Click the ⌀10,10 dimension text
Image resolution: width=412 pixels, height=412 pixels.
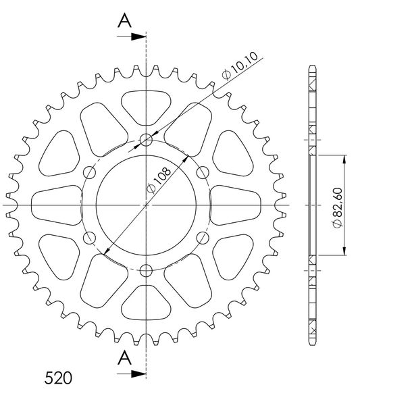[x=240, y=65]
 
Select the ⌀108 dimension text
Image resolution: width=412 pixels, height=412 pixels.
[x=159, y=180]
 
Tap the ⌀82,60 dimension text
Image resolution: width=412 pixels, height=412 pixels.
[x=338, y=207]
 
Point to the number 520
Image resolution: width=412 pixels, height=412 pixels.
[x=58, y=378]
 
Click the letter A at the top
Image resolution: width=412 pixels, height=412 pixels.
[x=124, y=21]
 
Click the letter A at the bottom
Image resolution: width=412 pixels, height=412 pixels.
[x=124, y=358]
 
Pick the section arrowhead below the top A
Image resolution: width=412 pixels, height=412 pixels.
[x=138, y=36]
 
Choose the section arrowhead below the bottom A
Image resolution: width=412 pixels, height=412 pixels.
[x=138, y=374]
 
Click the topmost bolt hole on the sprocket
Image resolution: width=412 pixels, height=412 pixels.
[x=146, y=140]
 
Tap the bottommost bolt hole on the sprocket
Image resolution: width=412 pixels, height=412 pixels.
[x=146, y=271]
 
